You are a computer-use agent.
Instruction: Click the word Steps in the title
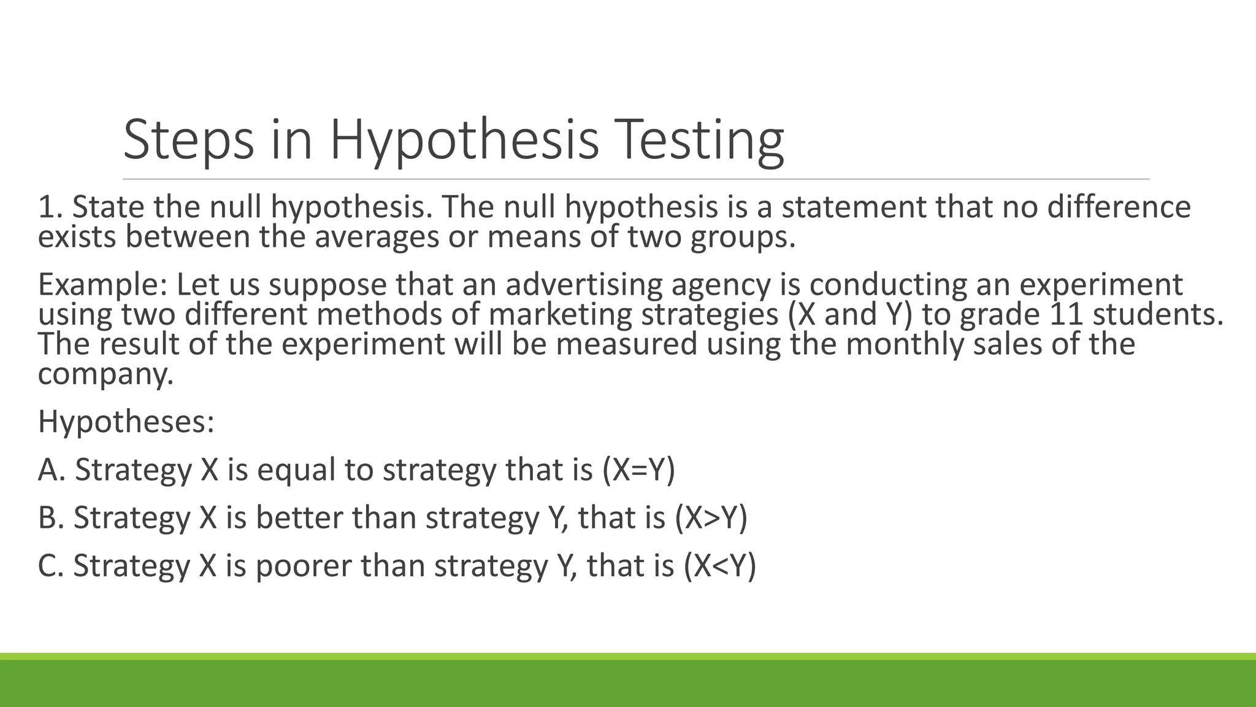(x=188, y=140)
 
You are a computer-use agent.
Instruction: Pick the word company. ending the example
(x=105, y=373)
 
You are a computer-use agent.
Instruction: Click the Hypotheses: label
(x=126, y=422)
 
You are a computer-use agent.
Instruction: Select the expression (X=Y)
(x=638, y=469)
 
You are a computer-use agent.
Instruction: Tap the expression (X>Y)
(x=711, y=517)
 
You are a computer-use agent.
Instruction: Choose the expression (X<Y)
(x=719, y=565)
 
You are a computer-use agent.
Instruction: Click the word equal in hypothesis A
(x=296, y=469)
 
